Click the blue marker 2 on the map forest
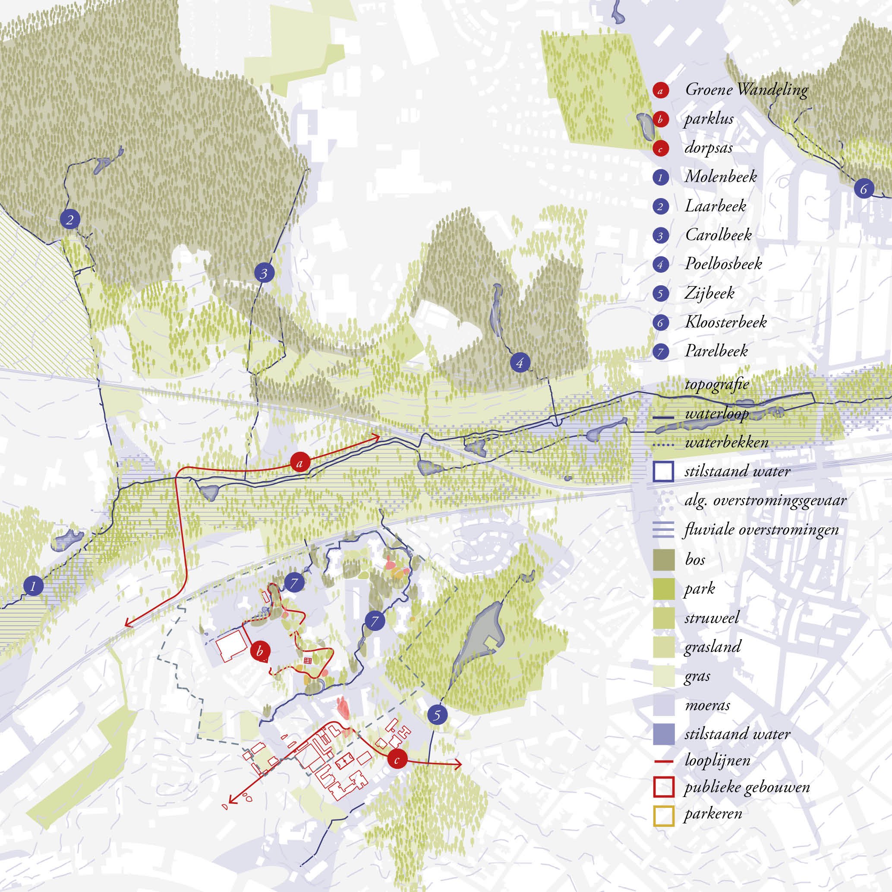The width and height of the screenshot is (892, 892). point(70,220)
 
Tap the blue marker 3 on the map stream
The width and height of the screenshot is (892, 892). point(264,273)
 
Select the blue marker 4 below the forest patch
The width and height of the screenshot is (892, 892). point(520,363)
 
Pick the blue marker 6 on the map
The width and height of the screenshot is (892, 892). point(864,189)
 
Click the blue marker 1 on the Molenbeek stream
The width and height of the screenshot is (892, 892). point(33,587)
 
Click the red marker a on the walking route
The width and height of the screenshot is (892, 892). point(300,462)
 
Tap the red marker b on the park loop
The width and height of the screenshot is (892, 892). point(259,652)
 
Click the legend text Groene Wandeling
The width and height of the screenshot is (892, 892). point(746,90)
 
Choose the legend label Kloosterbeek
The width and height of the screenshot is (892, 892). point(725,322)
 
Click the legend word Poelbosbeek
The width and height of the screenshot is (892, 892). point(723,264)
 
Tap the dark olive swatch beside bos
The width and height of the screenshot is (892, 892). point(663,560)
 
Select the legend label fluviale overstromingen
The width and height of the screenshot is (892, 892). point(761,530)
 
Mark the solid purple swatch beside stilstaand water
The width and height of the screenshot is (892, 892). point(663,734)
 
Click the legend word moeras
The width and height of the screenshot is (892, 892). point(707,705)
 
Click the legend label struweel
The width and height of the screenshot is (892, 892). point(712,618)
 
